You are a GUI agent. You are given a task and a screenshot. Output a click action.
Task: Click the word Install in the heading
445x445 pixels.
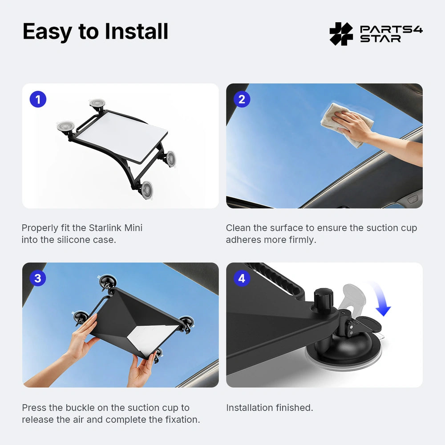136,32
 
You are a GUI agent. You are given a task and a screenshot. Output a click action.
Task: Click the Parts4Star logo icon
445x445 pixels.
341,34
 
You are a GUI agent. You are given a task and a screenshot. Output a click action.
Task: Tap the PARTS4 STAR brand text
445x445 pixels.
391,34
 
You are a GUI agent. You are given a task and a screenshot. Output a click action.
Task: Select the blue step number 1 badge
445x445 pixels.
38,99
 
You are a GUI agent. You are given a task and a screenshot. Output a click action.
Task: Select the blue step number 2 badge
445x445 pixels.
242,99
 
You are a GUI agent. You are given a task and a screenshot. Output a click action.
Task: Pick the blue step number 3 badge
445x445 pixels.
38,279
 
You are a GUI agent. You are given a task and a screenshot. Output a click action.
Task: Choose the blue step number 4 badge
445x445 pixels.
242,279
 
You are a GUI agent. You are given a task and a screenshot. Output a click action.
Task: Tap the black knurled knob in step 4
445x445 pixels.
323,297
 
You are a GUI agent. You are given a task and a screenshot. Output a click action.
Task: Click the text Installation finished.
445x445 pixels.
269,408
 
